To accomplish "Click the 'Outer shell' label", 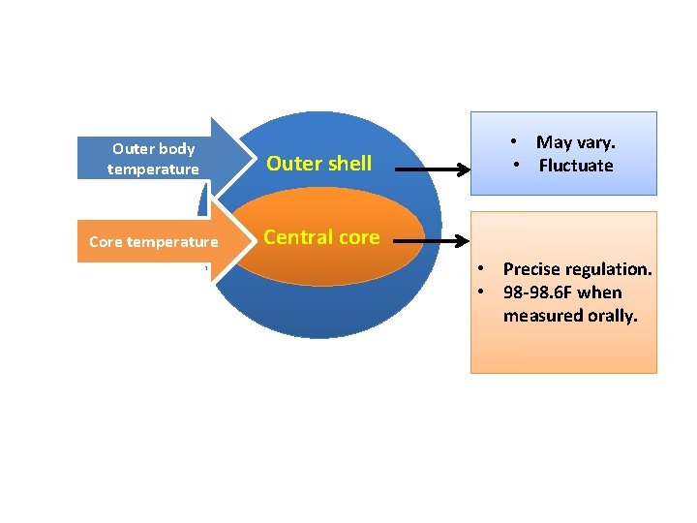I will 318,164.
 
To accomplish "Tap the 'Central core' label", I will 321,237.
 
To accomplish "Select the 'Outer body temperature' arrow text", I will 153,159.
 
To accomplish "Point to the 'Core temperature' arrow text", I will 153,242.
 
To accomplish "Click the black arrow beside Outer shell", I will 431,169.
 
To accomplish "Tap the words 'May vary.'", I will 575,143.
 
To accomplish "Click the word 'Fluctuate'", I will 576,166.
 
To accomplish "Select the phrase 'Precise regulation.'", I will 577,269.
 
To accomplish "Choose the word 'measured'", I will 538,316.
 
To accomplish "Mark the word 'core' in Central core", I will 358,237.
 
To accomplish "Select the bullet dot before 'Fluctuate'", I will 518,166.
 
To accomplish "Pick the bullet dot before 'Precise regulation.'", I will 480,269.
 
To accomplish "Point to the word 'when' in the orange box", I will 599,292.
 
